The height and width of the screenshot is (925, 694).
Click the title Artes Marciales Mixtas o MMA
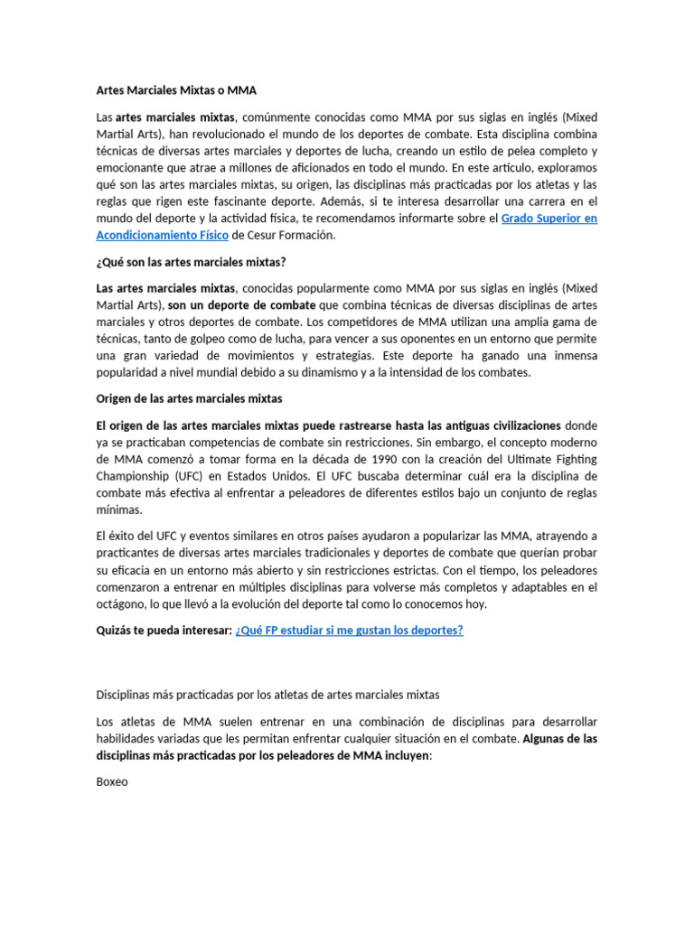(x=176, y=90)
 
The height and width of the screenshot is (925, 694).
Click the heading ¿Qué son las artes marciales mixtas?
(x=191, y=262)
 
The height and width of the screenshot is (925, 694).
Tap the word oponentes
(x=442, y=339)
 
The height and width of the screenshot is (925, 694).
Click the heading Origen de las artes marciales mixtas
(x=189, y=398)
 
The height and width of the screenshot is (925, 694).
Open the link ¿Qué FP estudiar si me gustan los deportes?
(x=349, y=631)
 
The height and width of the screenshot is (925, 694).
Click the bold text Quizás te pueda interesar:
(x=164, y=631)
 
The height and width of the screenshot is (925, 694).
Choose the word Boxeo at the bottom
(x=112, y=782)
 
